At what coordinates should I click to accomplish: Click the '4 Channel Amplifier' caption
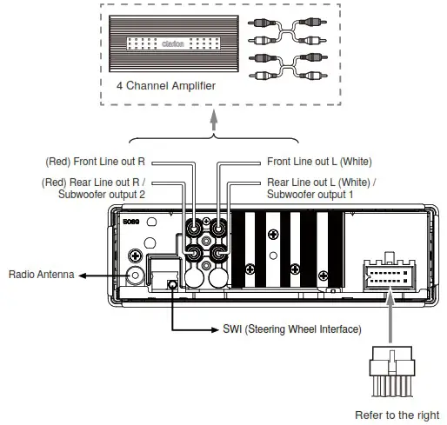tap(166, 87)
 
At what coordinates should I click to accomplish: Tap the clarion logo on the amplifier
tap(170, 39)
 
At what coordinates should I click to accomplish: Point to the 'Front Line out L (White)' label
tap(322, 162)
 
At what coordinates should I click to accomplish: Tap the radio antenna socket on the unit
tap(136, 276)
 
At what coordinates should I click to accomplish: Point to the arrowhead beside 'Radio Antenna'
tap(79, 276)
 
